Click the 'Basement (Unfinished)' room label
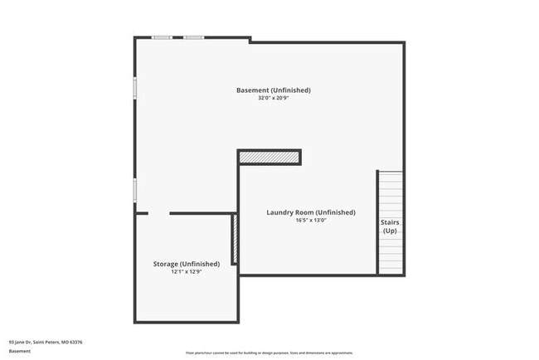[x=273, y=90]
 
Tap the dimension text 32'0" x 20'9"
[x=273, y=98]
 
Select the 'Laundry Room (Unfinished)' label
[x=310, y=212]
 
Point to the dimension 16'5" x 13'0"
[x=310, y=221]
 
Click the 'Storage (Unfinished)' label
[x=186, y=264]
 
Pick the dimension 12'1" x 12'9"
[x=186, y=272]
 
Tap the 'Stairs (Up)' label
[x=389, y=226]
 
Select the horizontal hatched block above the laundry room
[x=269, y=157]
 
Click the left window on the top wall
[x=162, y=37]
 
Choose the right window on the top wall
[x=194, y=37]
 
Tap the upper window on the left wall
[x=135, y=88]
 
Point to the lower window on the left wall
[x=135, y=189]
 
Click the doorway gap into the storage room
[x=158, y=213]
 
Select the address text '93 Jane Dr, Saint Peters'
[x=46, y=342]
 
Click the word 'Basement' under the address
[x=20, y=351]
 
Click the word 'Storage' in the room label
[x=165, y=264]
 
